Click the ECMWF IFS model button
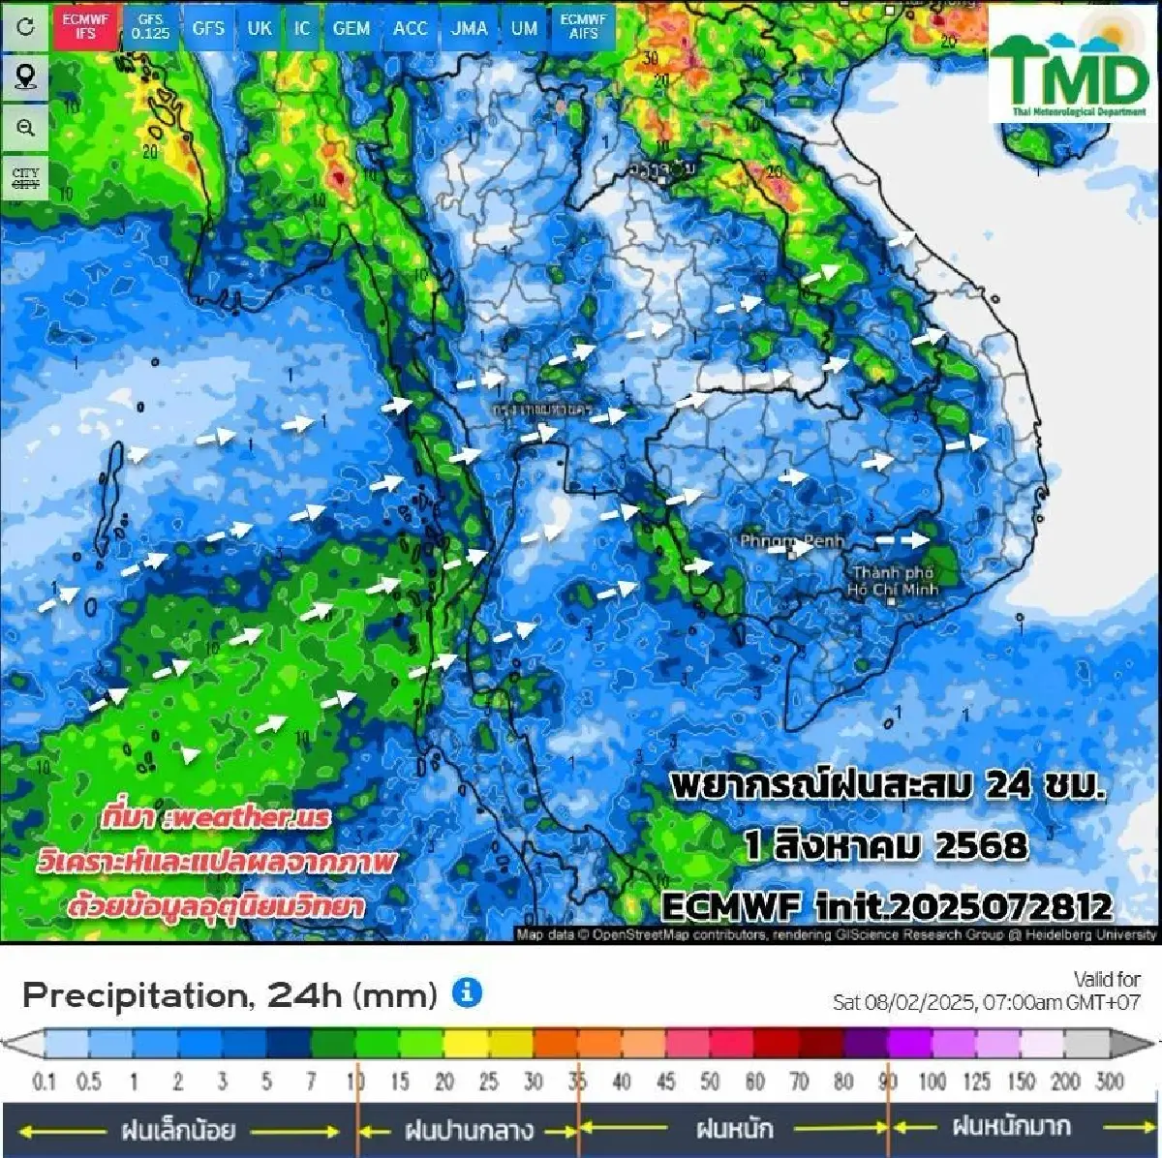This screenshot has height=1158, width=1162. [85, 26]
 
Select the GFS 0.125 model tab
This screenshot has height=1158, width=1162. [150, 26]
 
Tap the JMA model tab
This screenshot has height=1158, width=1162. [470, 28]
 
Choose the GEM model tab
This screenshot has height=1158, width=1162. [351, 28]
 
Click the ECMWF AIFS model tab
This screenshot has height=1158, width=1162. [583, 26]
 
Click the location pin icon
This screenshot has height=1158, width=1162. [25, 76]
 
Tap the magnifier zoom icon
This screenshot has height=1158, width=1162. [25, 128]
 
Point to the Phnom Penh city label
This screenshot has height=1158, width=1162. [792, 540]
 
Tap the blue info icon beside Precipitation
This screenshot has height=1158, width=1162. [467, 992]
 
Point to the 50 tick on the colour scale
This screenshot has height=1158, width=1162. [710, 1082]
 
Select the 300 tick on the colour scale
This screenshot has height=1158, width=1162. [1110, 1082]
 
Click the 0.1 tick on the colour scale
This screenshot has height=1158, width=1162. [45, 1082]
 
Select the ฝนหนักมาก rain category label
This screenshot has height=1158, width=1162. [1011, 1127]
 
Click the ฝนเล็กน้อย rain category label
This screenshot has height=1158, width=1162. [178, 1129]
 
